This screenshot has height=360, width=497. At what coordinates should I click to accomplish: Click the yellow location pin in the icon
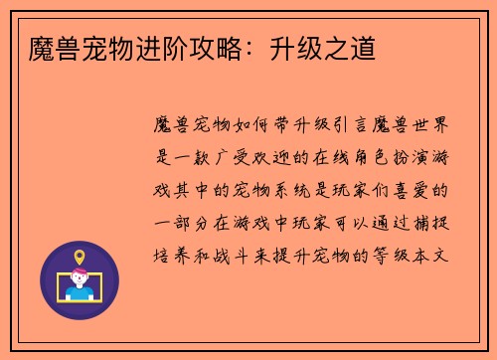coord(80,256)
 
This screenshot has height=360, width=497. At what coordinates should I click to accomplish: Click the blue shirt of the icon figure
coord(80,294)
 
